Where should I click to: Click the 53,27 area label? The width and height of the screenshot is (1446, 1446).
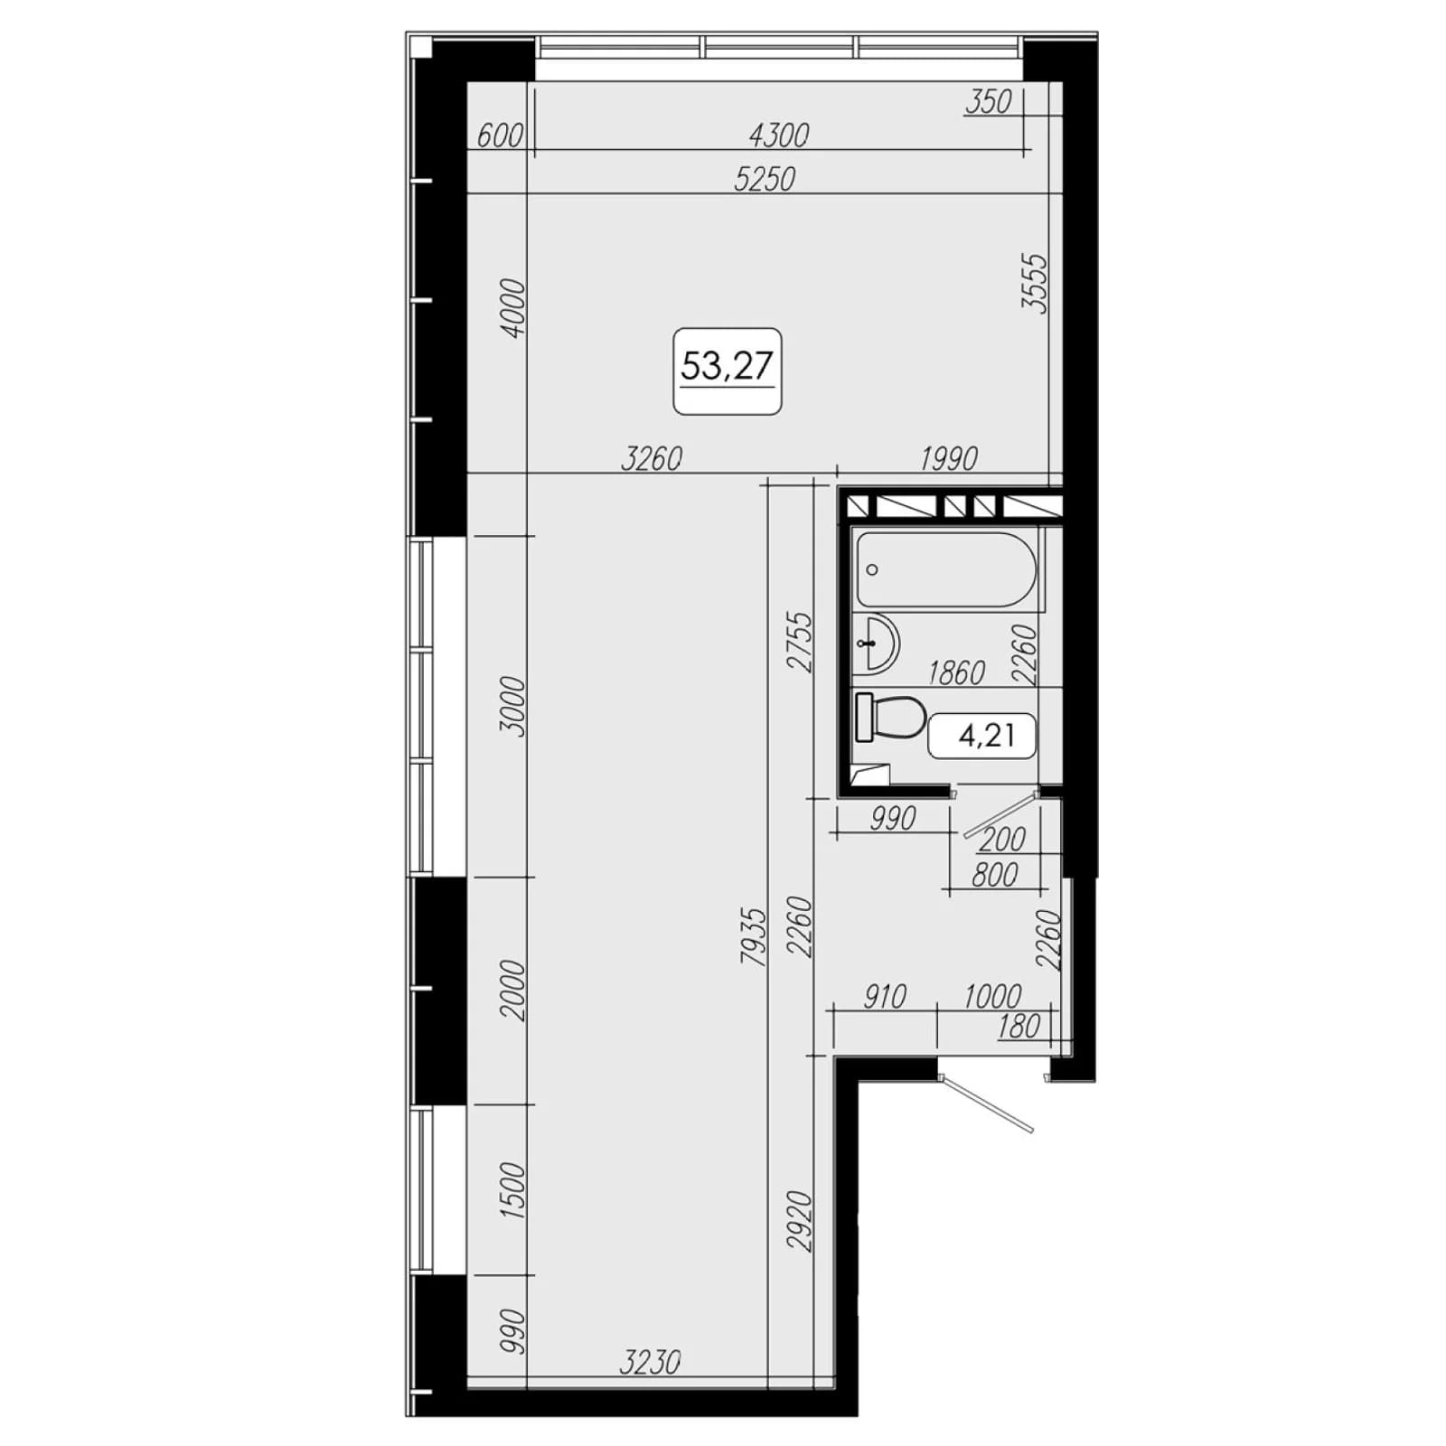pos(727,367)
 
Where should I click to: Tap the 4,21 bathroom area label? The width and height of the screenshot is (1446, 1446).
pos(986,736)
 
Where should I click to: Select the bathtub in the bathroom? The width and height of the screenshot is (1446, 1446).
pos(945,569)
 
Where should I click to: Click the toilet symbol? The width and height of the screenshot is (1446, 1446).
pos(889,718)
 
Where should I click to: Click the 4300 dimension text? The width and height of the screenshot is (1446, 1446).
pos(779,136)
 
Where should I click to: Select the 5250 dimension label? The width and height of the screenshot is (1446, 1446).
pos(765,180)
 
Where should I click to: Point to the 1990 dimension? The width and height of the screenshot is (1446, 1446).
pos(949,459)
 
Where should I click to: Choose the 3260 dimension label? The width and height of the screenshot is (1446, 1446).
pos(652,459)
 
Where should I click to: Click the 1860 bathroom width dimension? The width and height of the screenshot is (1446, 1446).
pos(956,672)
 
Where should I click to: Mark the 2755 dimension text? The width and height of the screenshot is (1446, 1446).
pos(801,643)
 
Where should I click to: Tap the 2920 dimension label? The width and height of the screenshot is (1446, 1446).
pos(801,1222)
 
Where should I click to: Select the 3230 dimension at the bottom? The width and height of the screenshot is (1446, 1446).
pos(650,1361)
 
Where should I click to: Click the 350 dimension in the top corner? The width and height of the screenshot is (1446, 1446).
pos(988,102)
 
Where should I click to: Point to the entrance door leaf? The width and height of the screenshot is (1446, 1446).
pos(986,1103)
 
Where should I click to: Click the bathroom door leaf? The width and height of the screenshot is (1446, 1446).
pos(1000,814)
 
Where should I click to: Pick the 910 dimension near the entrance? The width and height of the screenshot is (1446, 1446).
pos(884,996)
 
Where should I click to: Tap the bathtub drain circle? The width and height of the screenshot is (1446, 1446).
pos(872,570)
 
